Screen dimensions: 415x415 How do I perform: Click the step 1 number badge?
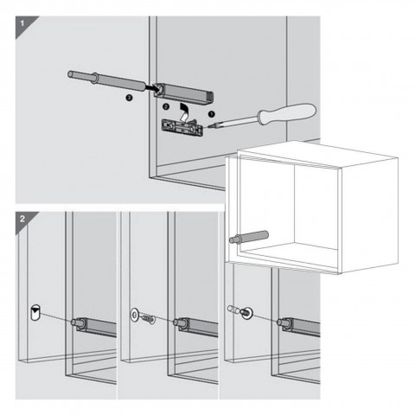tap(22, 23)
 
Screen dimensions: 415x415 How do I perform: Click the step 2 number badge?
tap(22, 219)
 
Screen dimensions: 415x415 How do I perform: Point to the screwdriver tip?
tap(208, 127)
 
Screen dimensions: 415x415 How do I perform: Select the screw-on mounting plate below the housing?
tap(182, 127)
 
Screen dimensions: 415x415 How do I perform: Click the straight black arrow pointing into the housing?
tap(151, 87)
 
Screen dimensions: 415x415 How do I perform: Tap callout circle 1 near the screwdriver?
tap(212, 114)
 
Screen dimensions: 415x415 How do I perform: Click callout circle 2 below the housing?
tap(165, 106)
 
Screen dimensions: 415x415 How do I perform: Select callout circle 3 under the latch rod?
tap(130, 98)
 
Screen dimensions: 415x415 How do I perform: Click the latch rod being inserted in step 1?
tap(107, 80)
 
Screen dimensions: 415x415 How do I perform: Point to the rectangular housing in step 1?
tap(183, 93)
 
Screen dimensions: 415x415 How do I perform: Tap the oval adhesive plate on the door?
tap(35, 312)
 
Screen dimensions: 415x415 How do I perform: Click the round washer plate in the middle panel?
tap(134, 314)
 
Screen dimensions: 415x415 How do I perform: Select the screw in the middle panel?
tap(148, 318)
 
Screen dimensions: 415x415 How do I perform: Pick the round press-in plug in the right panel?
tap(246, 313)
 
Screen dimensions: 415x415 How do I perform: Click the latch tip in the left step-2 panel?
tap(75, 322)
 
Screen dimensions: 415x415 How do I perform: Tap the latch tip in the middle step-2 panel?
tap(177, 322)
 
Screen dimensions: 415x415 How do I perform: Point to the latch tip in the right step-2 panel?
tap(281, 322)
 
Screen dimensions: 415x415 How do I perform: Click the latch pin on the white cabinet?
tap(249, 237)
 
